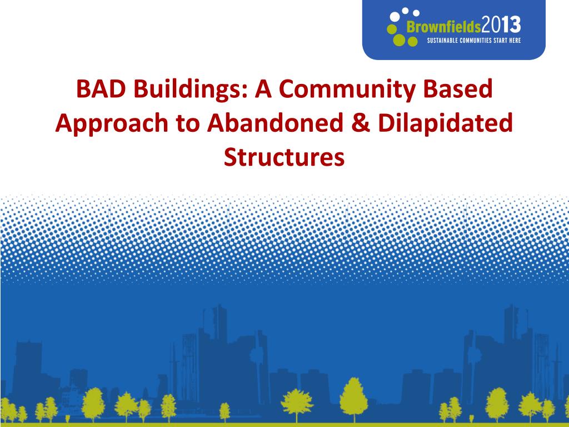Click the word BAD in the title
[x=101, y=89]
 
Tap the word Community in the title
[x=347, y=90]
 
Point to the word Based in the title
[x=458, y=89]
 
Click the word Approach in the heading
[x=112, y=124]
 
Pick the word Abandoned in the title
[x=275, y=122]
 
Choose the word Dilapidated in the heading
[x=445, y=123]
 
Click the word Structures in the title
[x=284, y=157]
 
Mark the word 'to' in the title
[x=188, y=124]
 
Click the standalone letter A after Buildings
[x=263, y=90]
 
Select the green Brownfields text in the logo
[x=443, y=27]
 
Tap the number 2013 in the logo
[x=501, y=26]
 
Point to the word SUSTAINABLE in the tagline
[x=442, y=40]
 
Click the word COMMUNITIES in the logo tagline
[x=476, y=40]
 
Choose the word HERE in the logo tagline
[x=515, y=40]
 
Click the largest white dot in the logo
[x=395, y=16]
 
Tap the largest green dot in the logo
[x=399, y=40]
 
